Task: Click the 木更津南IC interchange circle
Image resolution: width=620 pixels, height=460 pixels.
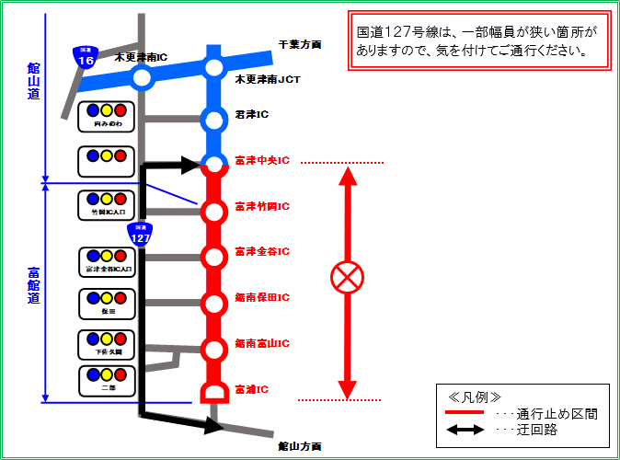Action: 142,78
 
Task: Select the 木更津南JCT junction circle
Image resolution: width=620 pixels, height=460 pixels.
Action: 214,67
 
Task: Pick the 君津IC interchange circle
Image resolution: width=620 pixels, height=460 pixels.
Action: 214,120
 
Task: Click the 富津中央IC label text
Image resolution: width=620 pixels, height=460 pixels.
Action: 262,160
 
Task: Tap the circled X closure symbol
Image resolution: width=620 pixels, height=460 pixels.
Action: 348,278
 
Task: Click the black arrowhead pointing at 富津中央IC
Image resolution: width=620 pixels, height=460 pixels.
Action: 191,166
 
